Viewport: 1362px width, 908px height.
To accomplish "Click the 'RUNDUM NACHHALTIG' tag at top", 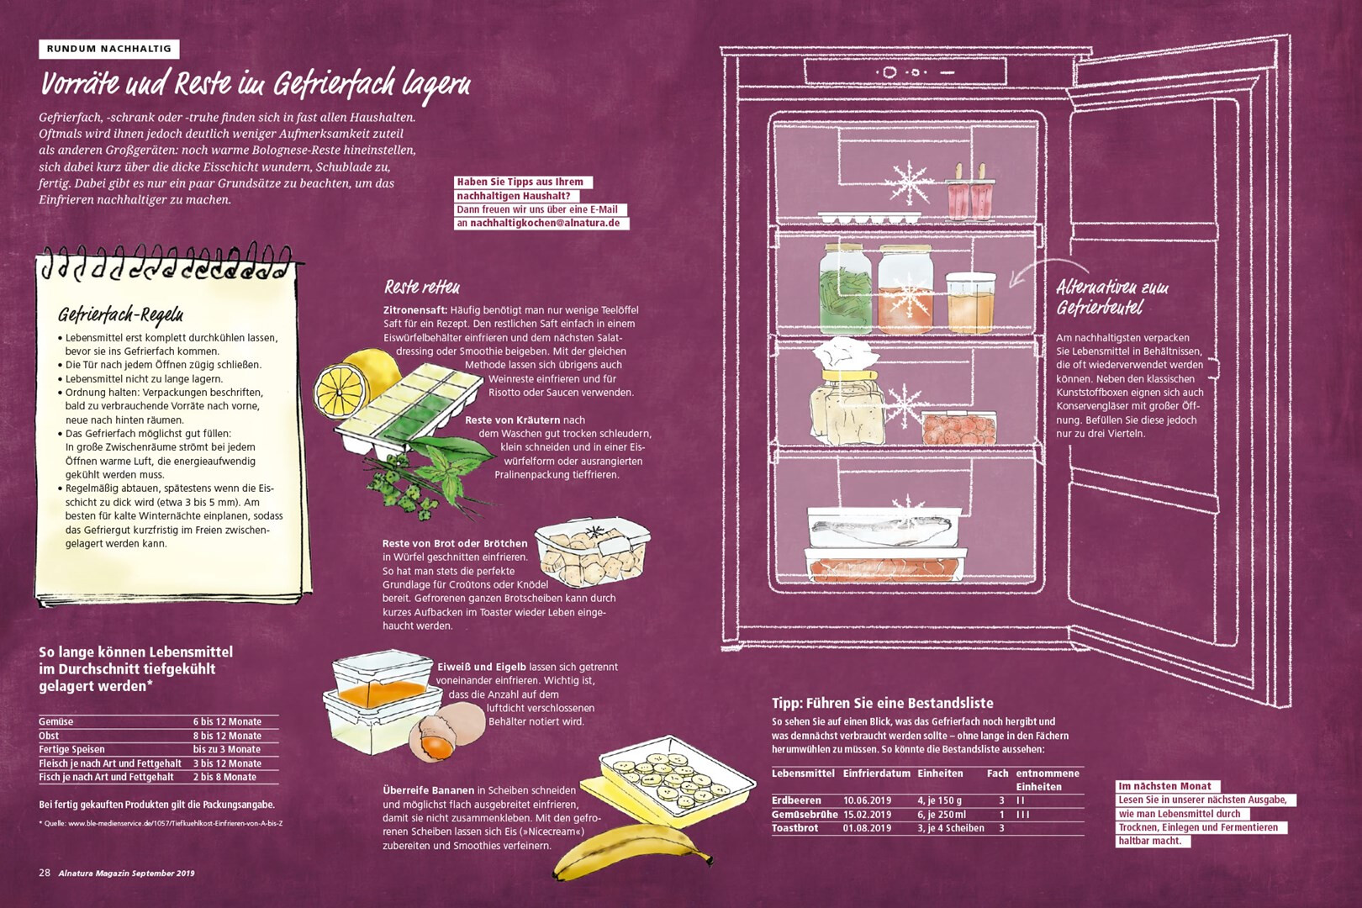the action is coord(108,49).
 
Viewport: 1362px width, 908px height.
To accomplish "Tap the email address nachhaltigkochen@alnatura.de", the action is coord(545,223).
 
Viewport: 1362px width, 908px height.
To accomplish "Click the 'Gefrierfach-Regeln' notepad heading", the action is coord(120,314).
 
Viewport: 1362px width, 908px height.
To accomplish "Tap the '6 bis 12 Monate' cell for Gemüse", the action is coord(227,722).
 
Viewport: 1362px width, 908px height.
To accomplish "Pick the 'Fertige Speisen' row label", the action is coord(71,749).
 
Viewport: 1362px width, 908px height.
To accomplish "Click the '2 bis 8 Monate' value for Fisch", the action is coord(224,777).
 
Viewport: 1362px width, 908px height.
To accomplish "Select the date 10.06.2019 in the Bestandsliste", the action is coord(867,800).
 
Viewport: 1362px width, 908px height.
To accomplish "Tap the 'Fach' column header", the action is coord(997,773).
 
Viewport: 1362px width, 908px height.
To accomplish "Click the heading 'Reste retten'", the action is coord(421,287).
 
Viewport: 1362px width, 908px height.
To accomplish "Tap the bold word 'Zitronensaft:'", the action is coord(415,309).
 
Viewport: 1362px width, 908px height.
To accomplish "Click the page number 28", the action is coord(45,873).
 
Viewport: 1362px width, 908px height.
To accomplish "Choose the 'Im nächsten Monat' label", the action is coord(1164,786).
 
